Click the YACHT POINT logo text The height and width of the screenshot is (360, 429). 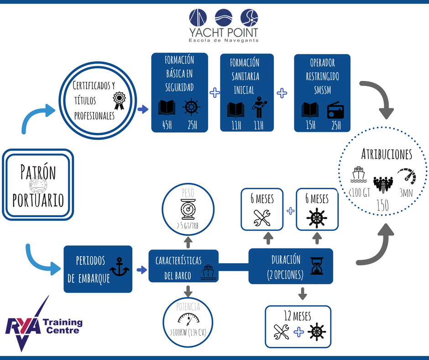(224, 32)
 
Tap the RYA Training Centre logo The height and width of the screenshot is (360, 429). (43, 325)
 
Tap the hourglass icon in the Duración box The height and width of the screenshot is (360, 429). (316, 266)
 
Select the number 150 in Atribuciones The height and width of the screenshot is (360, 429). (383, 206)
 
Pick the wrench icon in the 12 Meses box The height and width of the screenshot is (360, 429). (282, 332)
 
